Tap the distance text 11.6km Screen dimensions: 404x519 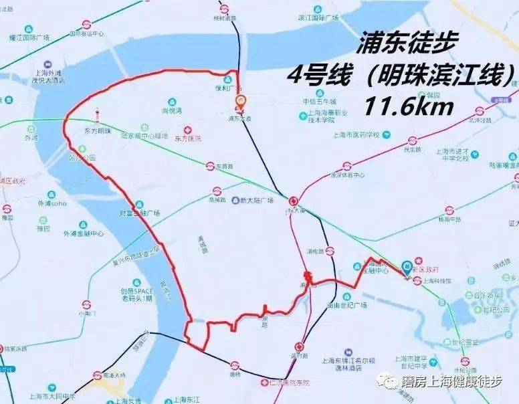click(x=409, y=105)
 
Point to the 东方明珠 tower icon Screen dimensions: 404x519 click(x=98, y=117)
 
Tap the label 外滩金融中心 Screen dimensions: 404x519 click(x=84, y=234)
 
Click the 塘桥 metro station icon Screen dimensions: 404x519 click(x=234, y=366)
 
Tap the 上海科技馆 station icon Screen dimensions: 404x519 click(x=417, y=281)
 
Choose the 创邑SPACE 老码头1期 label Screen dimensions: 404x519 click(x=136, y=295)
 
